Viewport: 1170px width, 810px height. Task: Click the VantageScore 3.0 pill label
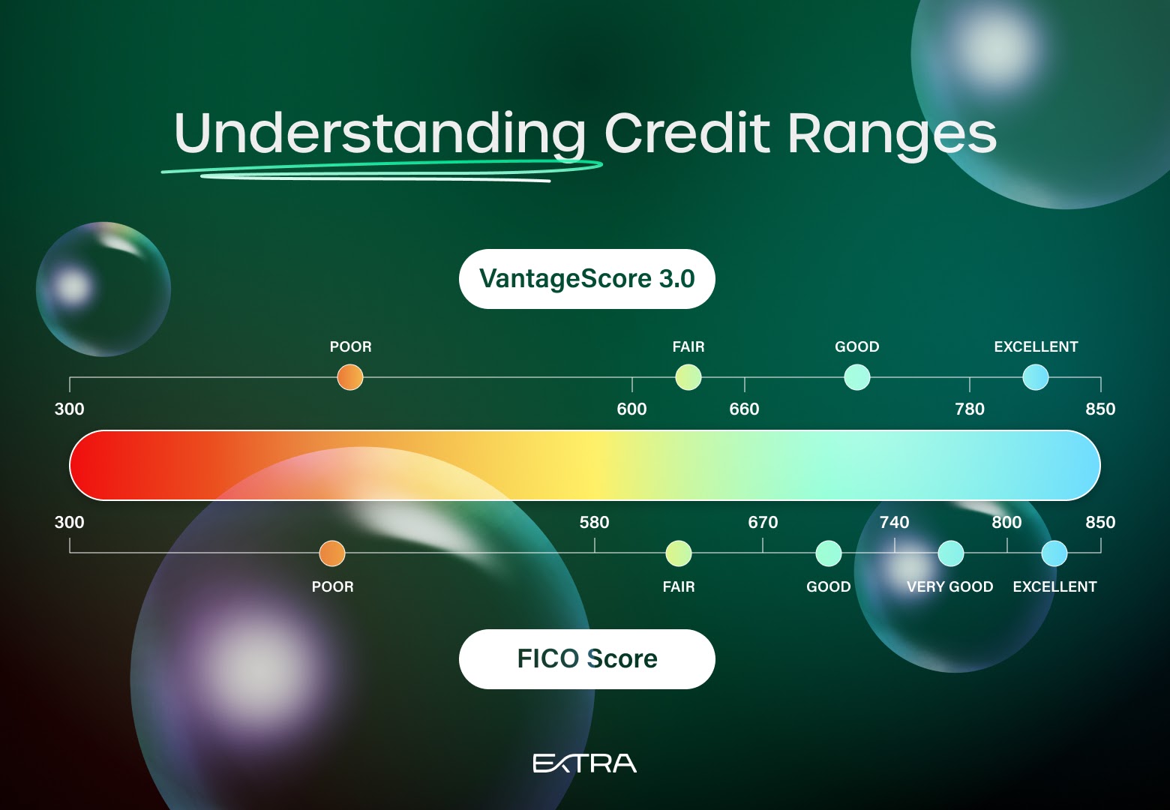click(586, 279)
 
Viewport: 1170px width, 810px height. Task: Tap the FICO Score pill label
click(586, 659)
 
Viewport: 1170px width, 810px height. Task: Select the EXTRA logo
click(584, 763)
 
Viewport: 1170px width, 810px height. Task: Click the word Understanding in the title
click(379, 133)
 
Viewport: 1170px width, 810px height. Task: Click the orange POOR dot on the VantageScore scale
click(350, 377)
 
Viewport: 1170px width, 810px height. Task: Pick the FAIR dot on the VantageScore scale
click(688, 377)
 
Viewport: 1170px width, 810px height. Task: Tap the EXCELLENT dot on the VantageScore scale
click(1036, 377)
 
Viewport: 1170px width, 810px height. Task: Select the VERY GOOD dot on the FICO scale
click(951, 553)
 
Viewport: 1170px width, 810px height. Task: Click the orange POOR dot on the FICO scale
click(332, 553)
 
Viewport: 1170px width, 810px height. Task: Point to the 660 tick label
click(744, 409)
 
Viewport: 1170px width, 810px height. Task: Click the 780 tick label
click(970, 409)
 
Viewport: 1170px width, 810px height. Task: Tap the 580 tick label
click(595, 522)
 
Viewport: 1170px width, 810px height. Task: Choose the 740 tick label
click(894, 522)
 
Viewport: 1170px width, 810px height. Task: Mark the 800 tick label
click(1006, 522)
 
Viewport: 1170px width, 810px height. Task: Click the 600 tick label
click(632, 409)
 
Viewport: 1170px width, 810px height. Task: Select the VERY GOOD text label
click(950, 587)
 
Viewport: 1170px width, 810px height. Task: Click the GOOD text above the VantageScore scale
click(857, 346)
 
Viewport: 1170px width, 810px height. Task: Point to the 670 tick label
click(763, 522)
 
